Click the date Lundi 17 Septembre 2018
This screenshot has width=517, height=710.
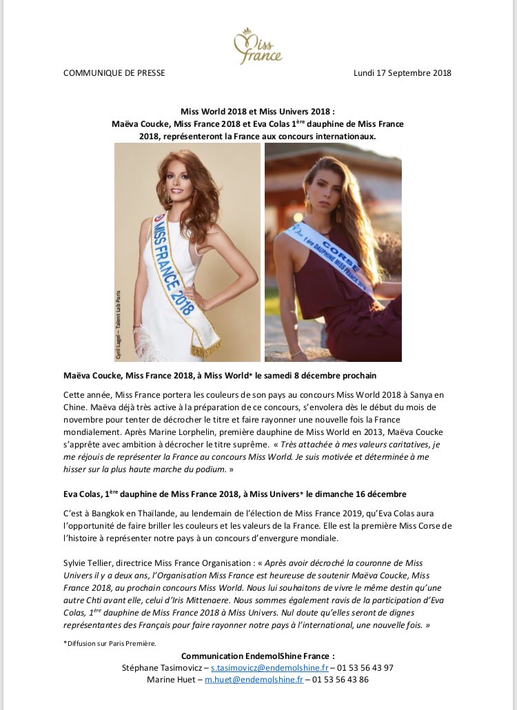click(402, 72)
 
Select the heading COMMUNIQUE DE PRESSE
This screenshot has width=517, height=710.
click(114, 72)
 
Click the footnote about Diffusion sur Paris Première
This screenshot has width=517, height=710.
click(110, 643)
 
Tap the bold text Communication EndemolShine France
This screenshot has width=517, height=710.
click(258, 656)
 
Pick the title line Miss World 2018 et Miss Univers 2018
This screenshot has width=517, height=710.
click(258, 111)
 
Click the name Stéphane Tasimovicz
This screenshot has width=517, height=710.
click(163, 668)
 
